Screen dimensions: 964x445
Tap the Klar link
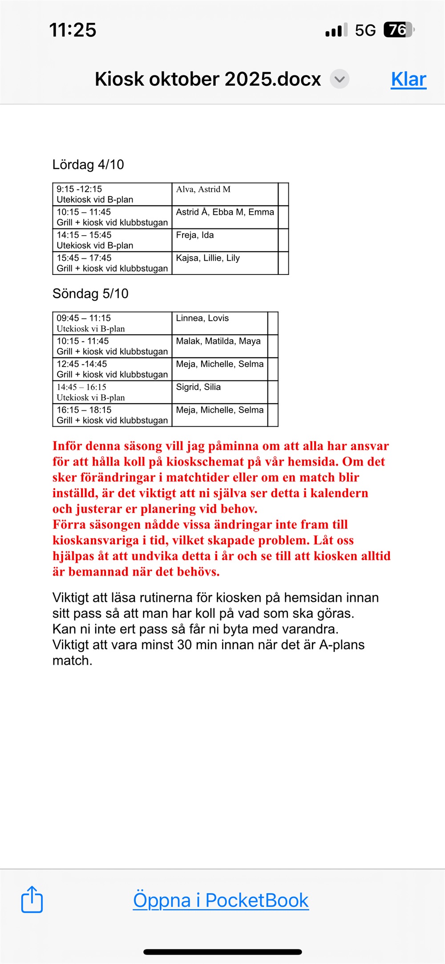pyautogui.click(x=409, y=79)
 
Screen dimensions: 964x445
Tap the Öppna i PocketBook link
pyautogui.click(x=221, y=900)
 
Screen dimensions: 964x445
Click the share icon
pyautogui.click(x=32, y=899)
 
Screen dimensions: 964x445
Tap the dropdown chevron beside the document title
pyautogui.click(x=340, y=79)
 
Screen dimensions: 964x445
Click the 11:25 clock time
pyautogui.click(x=73, y=30)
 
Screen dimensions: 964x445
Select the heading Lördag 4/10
pyautogui.click(x=88, y=164)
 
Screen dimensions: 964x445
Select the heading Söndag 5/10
pyautogui.click(x=90, y=294)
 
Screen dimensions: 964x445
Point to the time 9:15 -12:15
pyautogui.click(x=79, y=189)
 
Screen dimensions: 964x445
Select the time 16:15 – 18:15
pyautogui.click(x=84, y=410)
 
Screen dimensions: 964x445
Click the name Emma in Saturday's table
pyautogui.click(x=261, y=212)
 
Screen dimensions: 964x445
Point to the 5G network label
pyautogui.click(x=365, y=30)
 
